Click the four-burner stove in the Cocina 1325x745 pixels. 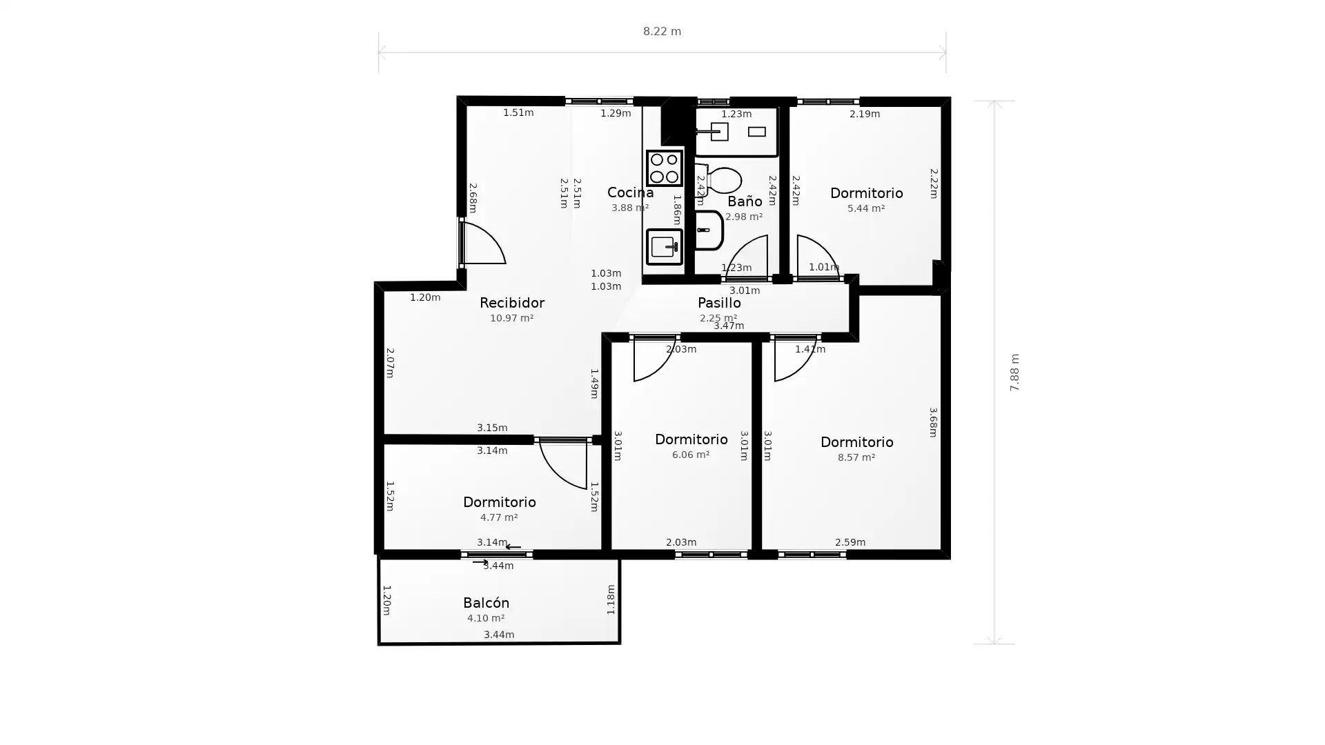(664, 168)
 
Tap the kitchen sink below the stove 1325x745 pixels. (664, 246)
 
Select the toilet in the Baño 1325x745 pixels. (722, 180)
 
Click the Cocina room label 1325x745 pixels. (630, 192)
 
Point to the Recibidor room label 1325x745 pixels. (511, 303)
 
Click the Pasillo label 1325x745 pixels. (718, 303)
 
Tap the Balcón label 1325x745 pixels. (486, 603)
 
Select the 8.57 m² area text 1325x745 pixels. (856, 457)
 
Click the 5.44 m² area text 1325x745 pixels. (865, 208)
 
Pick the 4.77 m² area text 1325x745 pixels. (498, 517)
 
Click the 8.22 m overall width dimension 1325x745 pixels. (662, 32)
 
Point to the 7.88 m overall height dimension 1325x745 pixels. (1014, 372)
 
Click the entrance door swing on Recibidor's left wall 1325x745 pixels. (482, 244)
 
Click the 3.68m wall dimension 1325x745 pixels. (932, 422)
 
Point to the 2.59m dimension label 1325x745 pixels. (850, 542)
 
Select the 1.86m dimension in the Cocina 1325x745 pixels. (676, 210)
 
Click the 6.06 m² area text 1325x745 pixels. (690, 455)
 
